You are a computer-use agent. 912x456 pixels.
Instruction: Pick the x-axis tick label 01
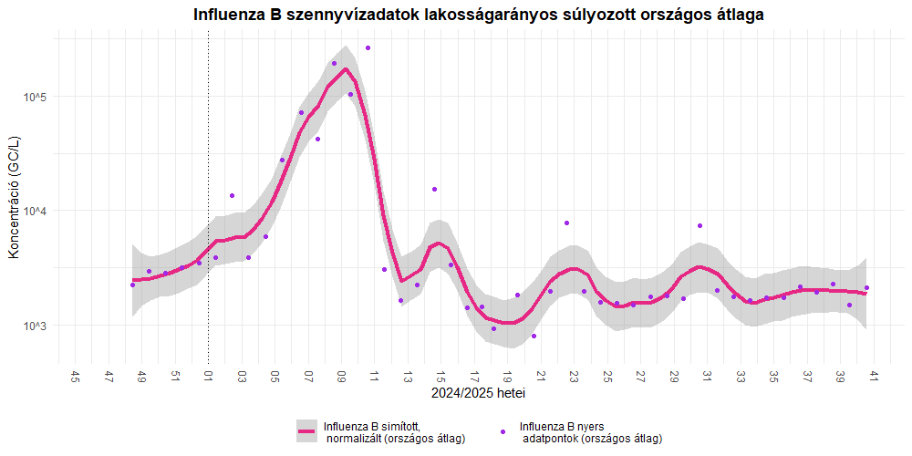pos(208,377)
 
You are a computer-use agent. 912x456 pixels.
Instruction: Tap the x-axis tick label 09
pos(341,377)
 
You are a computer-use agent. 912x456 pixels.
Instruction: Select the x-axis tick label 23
pos(574,377)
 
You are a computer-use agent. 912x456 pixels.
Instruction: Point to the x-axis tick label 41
pos(873,377)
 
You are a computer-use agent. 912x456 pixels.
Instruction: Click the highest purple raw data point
pos(368,47)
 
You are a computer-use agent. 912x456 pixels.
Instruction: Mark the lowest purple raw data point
pos(534,336)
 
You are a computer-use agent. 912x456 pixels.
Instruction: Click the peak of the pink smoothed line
pos(346,68)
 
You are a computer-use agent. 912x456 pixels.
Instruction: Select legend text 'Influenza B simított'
pos(371,426)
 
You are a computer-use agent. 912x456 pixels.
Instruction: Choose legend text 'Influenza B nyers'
pos(562,426)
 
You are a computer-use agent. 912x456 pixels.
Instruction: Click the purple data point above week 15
pos(435,189)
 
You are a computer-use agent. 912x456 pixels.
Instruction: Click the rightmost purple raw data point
pos(866,288)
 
